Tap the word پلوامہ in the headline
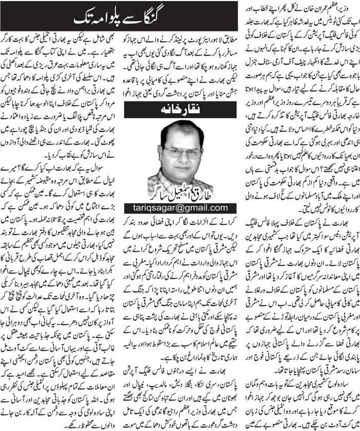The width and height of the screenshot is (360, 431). point(120,16)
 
